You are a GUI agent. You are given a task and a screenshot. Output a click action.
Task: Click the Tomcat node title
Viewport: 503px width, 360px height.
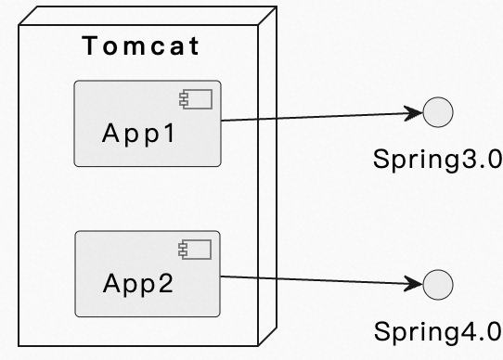pos(141,46)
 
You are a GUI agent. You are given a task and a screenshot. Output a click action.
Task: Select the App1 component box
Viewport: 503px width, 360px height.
pos(147,148)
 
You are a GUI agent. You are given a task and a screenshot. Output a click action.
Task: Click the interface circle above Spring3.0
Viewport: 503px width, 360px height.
pos(437,114)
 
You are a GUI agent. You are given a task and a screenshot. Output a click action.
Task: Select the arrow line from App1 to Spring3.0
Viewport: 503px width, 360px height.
pos(316,118)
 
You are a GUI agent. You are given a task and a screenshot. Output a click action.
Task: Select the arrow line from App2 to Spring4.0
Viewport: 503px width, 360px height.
pos(316,279)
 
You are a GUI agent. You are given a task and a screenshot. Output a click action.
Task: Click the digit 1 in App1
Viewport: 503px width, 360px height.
pos(169,133)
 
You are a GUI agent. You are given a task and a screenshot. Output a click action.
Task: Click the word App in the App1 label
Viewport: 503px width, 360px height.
pos(129,133)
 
